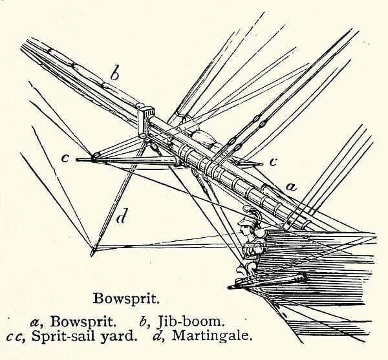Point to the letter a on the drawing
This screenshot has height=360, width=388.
tap(291, 187)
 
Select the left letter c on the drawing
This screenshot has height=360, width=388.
tap(65, 158)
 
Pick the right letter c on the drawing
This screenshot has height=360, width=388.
tap(273, 162)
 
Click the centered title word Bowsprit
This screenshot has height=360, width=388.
tap(126, 299)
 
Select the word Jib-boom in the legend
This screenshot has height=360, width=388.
tap(191, 322)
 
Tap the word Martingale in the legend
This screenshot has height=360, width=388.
tap(211, 335)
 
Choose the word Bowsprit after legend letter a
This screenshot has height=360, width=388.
tap(83, 322)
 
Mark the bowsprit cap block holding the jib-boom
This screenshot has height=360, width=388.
tap(145, 122)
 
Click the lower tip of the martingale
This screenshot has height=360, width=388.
tap(92, 256)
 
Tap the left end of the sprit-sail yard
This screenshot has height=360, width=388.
tap(76, 160)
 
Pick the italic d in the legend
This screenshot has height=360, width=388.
tap(157, 335)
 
